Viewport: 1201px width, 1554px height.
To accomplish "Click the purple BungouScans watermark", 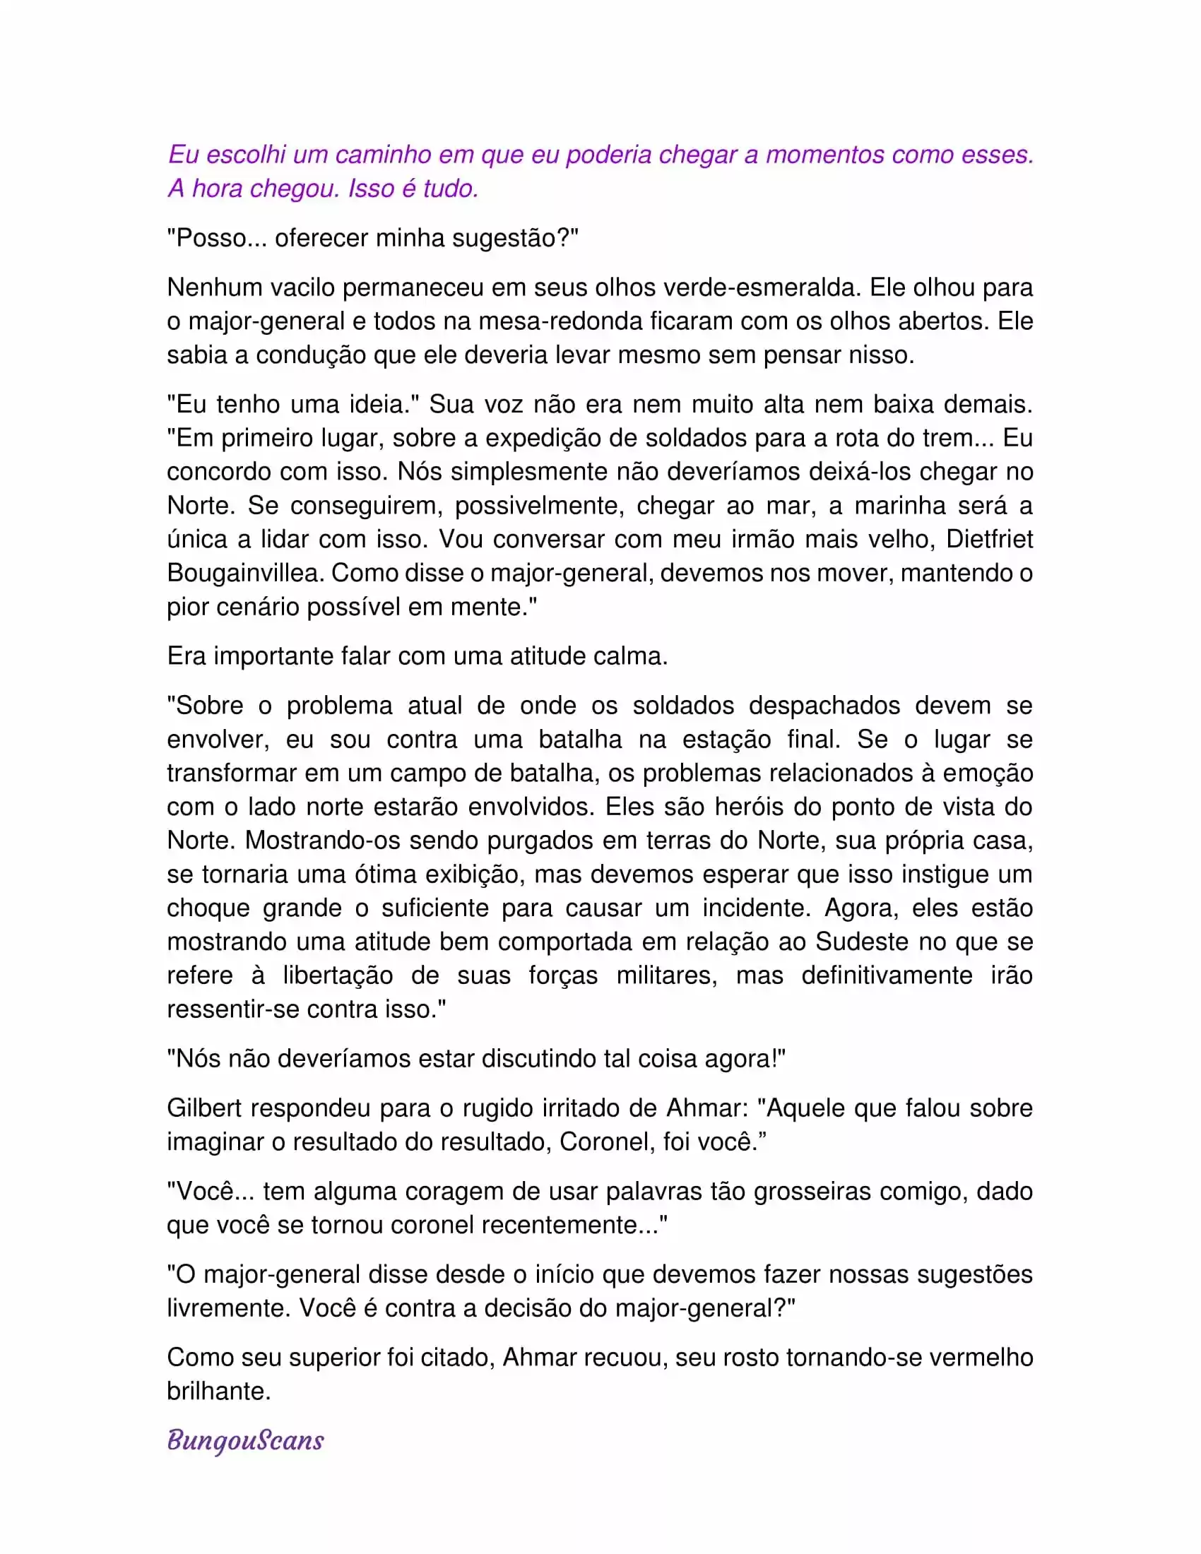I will coord(245,1440).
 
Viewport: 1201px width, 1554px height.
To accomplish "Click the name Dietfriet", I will coord(989,540).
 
